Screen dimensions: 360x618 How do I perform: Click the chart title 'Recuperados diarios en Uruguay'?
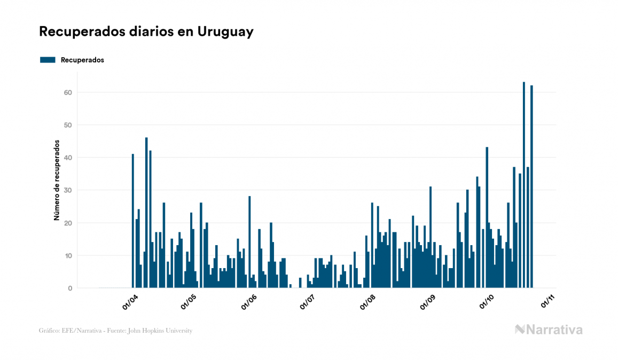click(x=146, y=32)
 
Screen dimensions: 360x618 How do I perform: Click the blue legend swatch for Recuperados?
click(x=48, y=60)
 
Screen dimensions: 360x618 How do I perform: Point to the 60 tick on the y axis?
click(x=68, y=92)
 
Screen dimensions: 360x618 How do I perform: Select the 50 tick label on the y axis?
click(x=68, y=125)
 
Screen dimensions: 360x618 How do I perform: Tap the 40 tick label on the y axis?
click(x=68, y=158)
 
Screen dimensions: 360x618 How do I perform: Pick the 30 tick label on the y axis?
click(x=68, y=190)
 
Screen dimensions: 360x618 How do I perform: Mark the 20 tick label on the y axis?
click(x=68, y=223)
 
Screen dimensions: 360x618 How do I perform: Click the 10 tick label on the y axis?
click(x=68, y=256)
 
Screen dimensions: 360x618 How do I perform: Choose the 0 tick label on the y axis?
click(x=70, y=288)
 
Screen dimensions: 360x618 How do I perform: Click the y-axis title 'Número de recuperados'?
click(x=56, y=181)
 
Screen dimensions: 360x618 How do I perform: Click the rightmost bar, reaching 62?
click(x=532, y=186)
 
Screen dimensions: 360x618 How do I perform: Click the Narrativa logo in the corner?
click(x=549, y=330)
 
